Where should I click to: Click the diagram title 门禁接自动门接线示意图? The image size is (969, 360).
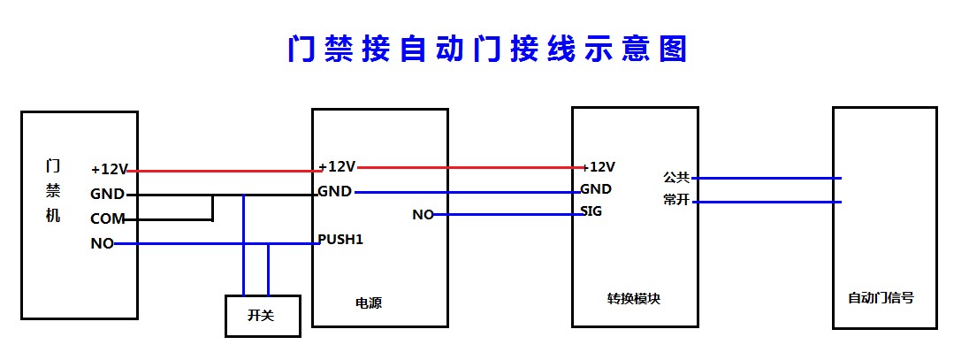487,49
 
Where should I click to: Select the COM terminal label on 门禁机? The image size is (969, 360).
108,219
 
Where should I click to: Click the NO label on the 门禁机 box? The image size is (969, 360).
102,244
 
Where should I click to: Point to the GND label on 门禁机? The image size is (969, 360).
108,195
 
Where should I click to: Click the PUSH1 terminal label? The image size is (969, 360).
340,240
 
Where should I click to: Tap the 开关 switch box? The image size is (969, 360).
263,316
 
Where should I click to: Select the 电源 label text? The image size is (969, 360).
369,303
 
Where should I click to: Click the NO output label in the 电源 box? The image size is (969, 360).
423,215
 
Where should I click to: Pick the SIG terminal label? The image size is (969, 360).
591,211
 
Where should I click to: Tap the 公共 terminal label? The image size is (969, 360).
676,178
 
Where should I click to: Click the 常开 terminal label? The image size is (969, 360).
676,201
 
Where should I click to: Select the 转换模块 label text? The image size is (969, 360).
634,298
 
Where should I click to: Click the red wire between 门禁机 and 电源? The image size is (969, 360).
224,171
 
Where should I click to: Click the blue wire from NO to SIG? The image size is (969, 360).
507,215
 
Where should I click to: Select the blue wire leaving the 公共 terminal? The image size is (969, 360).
767,178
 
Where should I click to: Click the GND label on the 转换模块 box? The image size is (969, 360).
596,188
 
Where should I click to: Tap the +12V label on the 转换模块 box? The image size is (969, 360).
599,166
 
